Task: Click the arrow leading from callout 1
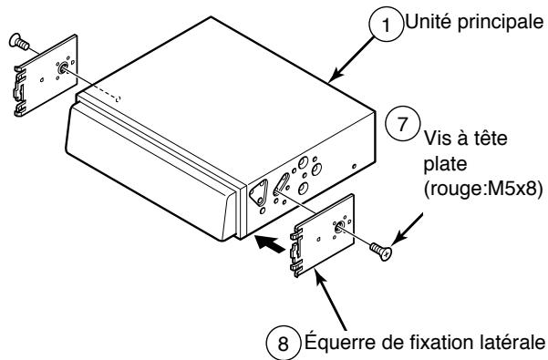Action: [346, 60]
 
